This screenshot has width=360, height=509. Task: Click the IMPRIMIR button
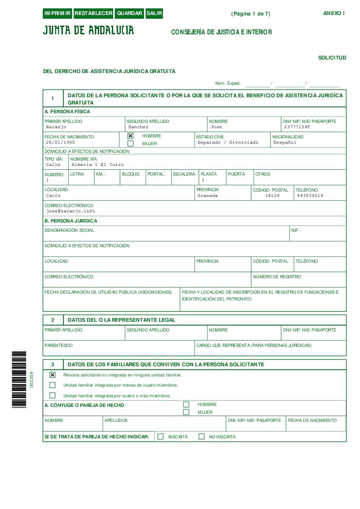pos(58,14)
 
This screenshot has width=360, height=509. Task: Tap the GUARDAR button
pos(130,14)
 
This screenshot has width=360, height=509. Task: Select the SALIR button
pos(154,14)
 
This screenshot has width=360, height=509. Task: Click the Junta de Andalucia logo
pos(89,30)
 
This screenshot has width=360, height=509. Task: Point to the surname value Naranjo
pos(56,127)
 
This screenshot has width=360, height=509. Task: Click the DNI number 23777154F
pos(297,127)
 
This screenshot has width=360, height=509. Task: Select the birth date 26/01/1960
pos(60,143)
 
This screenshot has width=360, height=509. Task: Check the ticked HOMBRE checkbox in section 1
pos(130,136)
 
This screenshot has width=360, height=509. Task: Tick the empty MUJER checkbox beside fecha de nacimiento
pos(130,144)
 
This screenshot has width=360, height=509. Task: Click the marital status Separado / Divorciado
pos(228,143)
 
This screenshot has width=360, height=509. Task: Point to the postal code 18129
pos(272,196)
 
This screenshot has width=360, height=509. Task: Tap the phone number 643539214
pos(310,196)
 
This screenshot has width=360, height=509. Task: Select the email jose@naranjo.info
pos(71,211)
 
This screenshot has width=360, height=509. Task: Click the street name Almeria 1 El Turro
pos(97,165)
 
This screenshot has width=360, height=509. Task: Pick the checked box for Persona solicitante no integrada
pos(53,375)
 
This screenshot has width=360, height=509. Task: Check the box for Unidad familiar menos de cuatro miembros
pos(53,385)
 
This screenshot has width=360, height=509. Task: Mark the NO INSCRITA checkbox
pos(202,436)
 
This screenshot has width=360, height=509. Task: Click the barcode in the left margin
pos(19,379)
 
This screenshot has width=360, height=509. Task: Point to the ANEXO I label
pos(334,13)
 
